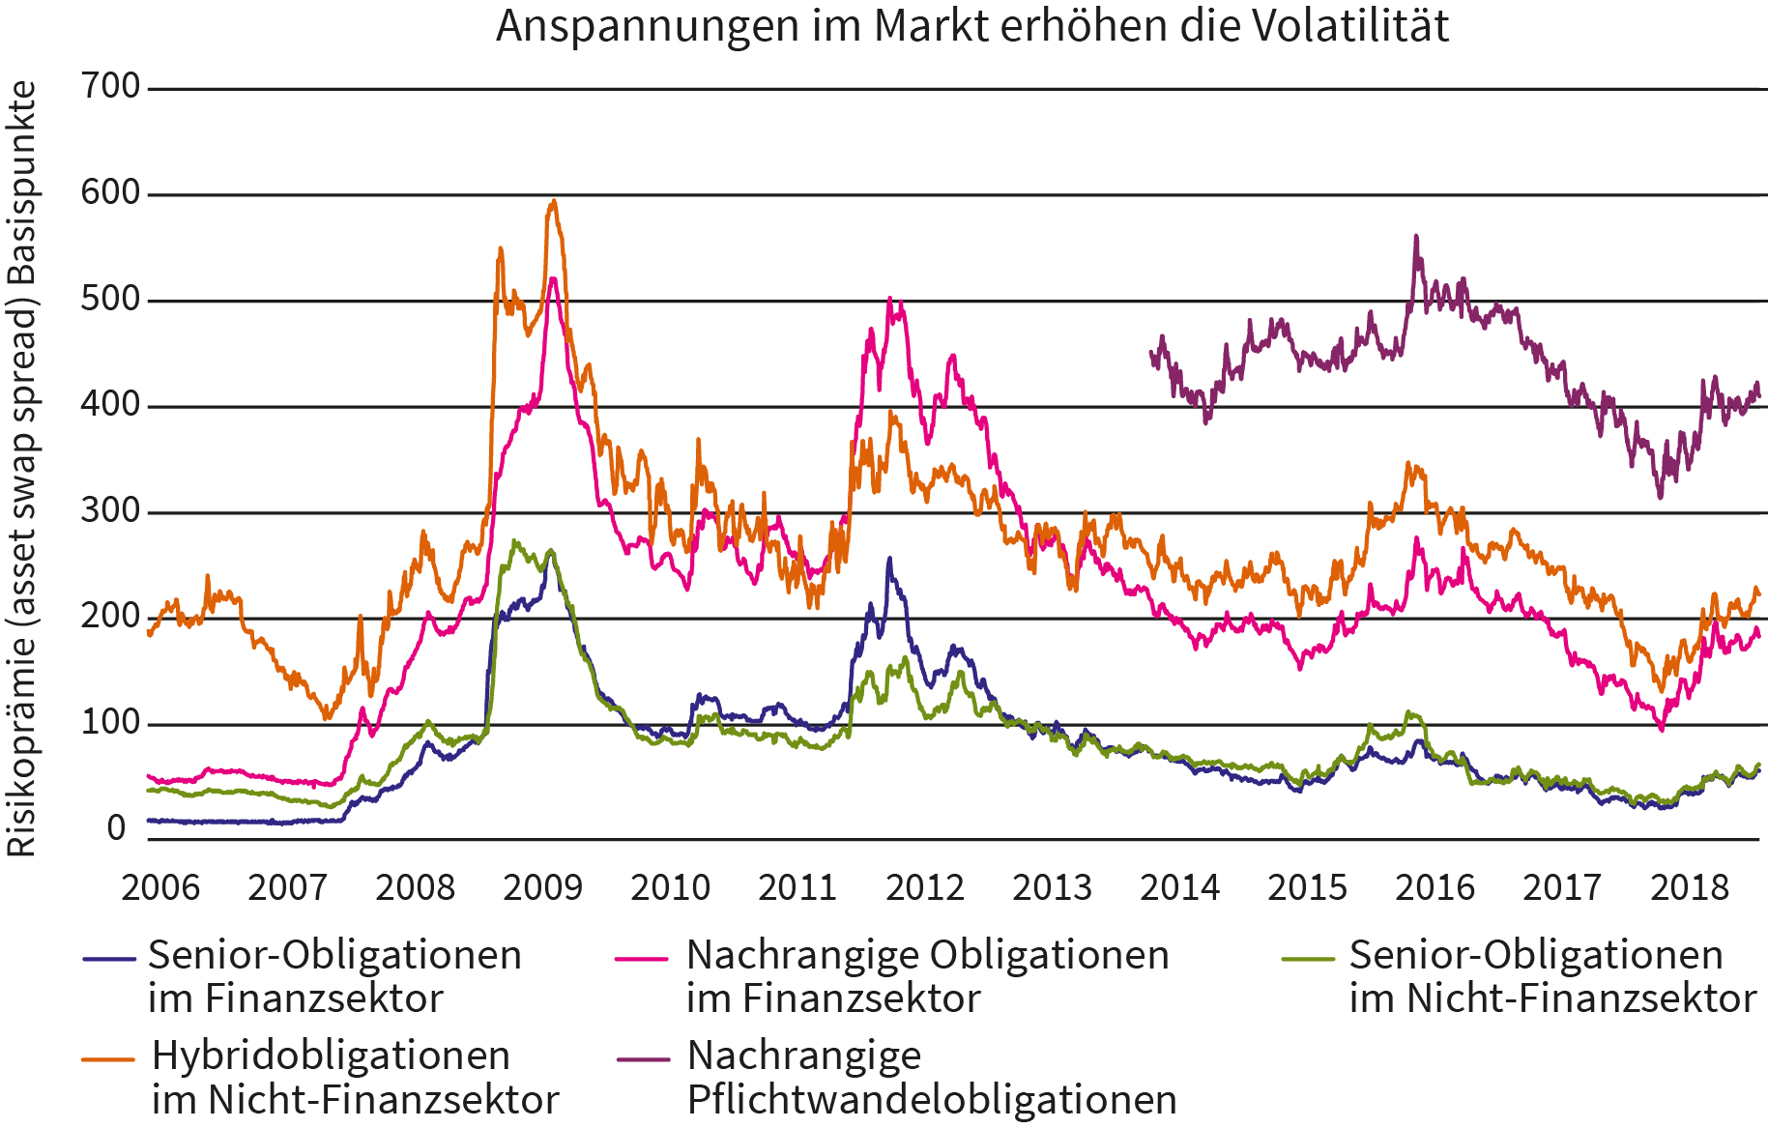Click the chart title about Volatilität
point(971,26)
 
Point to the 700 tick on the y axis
point(111,87)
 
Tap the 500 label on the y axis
point(111,299)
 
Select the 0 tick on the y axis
point(117,828)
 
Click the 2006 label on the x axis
point(159,887)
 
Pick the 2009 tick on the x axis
point(542,887)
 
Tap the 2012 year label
point(925,887)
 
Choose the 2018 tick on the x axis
point(1689,887)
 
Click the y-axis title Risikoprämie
point(22,469)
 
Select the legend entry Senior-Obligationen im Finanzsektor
point(334,976)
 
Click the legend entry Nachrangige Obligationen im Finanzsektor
point(927,976)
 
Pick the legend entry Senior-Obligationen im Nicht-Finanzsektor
point(1551,976)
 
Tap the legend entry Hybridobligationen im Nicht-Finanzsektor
point(355,1077)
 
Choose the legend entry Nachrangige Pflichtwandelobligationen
point(931,1077)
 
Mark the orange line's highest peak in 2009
point(553,201)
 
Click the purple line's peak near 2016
point(1416,236)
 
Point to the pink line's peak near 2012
point(890,299)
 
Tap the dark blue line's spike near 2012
point(889,558)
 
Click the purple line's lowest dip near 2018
point(1660,497)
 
